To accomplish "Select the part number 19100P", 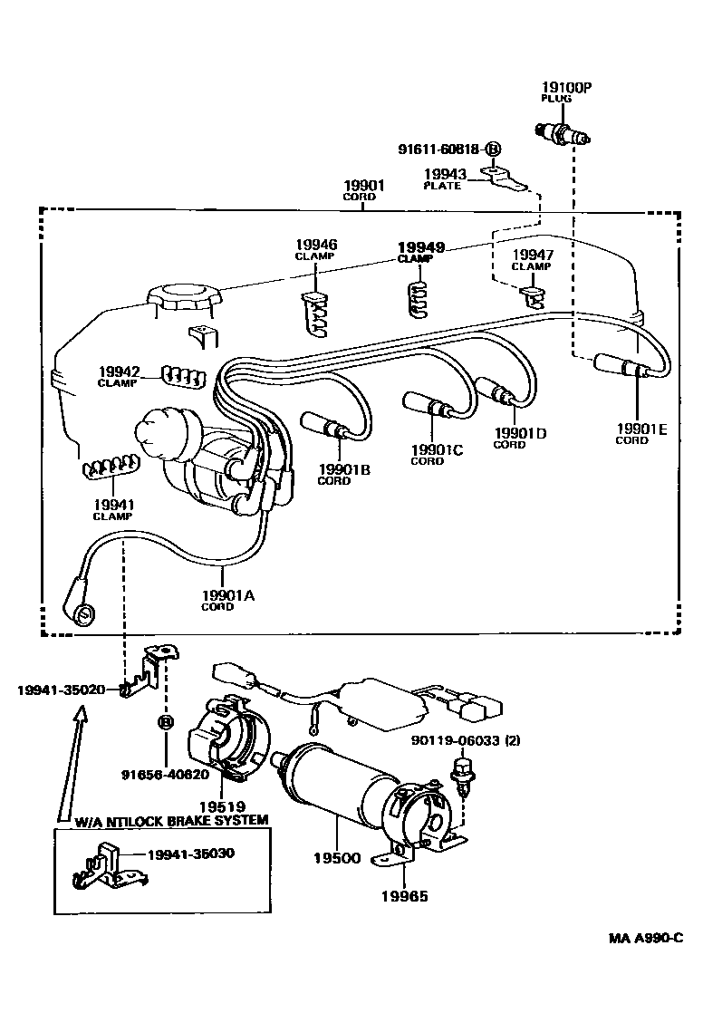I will click(x=567, y=88).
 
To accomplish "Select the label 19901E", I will click(x=641, y=429).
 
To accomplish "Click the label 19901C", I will click(x=437, y=449).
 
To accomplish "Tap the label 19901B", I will click(x=343, y=469).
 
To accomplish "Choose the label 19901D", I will click(x=520, y=433).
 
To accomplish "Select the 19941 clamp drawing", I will click(x=111, y=468).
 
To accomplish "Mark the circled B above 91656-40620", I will click(x=166, y=722).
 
